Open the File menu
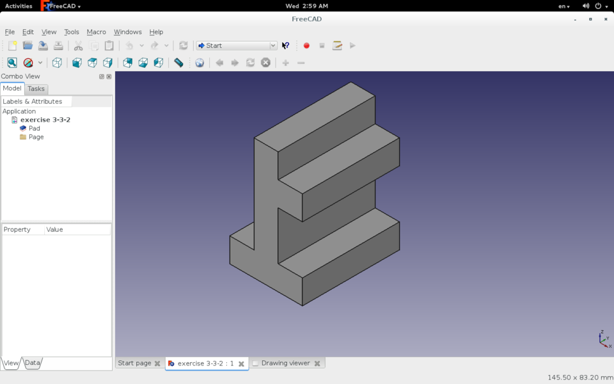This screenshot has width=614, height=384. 10,32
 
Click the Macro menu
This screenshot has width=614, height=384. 97,32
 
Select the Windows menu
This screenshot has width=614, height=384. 128,32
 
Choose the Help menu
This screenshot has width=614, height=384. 156,32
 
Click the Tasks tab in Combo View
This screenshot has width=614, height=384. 36,89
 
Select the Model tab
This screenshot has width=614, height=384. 12,88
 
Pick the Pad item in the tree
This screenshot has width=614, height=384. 34,128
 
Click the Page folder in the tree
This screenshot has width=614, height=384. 36,137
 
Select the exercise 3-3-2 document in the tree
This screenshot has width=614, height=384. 45,120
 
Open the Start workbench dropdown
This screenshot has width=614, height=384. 237,45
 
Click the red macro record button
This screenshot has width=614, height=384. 306,45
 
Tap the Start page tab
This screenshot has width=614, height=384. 135,363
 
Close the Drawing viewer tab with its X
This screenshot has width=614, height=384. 317,364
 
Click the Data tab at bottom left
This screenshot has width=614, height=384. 33,363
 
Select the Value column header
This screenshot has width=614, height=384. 54,229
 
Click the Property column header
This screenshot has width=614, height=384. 17,229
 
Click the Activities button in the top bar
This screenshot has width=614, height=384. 19,6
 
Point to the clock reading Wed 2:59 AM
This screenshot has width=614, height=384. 307,6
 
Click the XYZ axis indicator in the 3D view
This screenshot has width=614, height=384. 604,339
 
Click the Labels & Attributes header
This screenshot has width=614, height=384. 33,101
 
